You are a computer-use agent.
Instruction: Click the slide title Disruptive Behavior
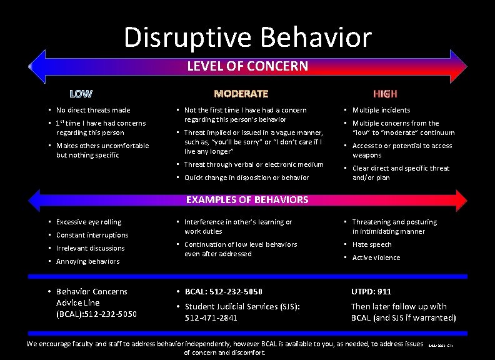click(x=247, y=37)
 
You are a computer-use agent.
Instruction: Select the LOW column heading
click(x=81, y=94)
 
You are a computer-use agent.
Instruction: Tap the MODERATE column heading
click(x=241, y=94)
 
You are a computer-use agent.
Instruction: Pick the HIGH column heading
click(x=385, y=94)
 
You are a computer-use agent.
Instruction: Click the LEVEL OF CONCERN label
click(x=247, y=66)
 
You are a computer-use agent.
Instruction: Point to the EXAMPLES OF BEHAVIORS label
click(x=247, y=200)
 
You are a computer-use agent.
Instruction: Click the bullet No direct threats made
click(x=93, y=110)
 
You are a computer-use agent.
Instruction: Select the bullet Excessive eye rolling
click(x=89, y=222)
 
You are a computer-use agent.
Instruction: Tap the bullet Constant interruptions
click(x=92, y=235)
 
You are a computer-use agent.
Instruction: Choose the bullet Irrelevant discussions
click(x=90, y=248)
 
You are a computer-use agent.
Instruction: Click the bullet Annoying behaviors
click(x=87, y=261)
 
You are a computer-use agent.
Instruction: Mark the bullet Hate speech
click(x=372, y=244)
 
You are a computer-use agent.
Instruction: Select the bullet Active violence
click(x=376, y=257)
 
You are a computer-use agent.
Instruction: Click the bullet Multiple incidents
click(x=381, y=110)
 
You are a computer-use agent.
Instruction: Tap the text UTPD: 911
click(x=371, y=292)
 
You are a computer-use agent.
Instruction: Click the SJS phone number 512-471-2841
click(x=211, y=317)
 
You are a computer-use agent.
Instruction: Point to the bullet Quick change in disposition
click(x=246, y=177)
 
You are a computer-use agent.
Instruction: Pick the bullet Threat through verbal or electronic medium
click(x=254, y=164)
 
